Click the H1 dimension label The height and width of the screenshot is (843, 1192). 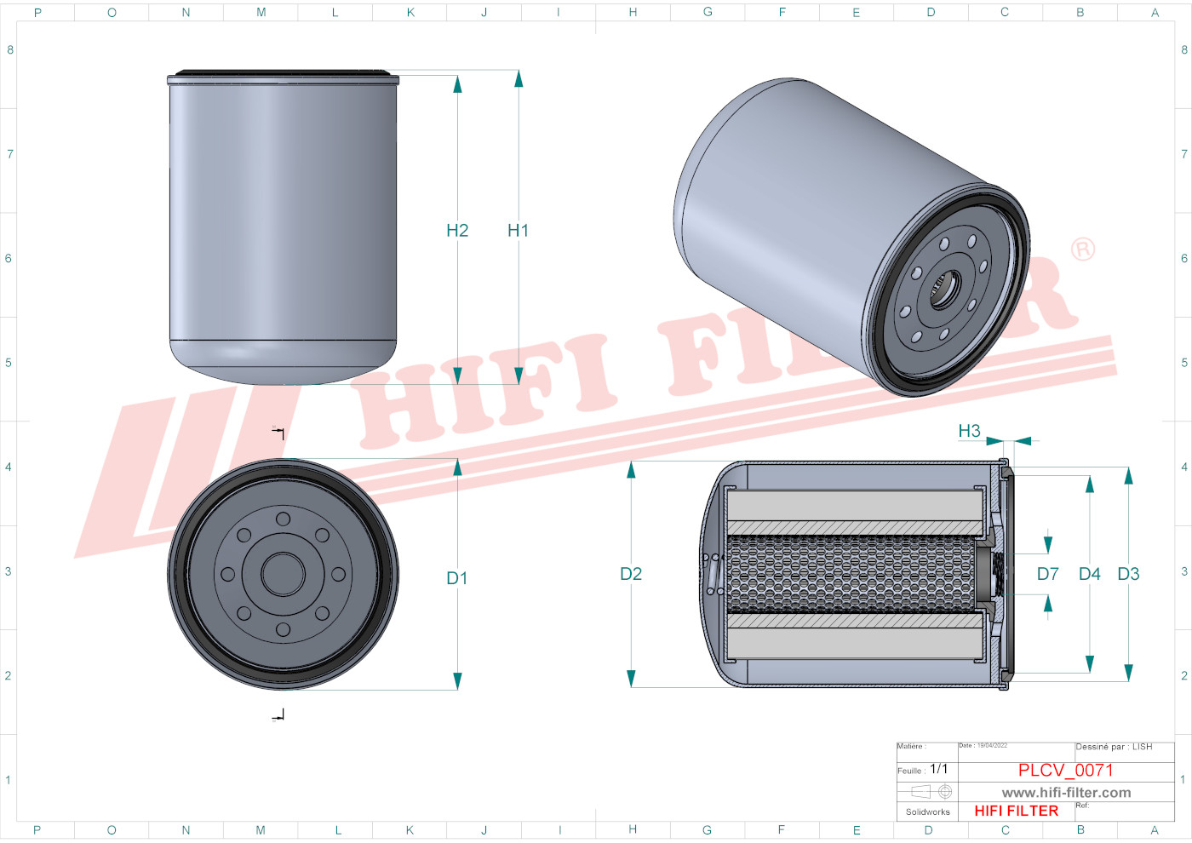518,230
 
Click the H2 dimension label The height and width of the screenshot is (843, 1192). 457,230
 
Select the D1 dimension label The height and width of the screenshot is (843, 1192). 457,578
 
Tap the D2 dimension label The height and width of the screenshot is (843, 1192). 631,574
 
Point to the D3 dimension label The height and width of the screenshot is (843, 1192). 1128,574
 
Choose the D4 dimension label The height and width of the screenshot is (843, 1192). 1090,574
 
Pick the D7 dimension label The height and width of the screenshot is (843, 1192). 1048,574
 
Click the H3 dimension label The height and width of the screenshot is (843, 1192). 969,431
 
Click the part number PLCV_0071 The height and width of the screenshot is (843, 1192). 1065,770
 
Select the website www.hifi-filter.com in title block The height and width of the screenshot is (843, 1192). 1066,793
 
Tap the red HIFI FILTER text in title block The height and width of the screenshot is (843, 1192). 1016,811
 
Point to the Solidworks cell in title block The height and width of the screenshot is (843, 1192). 927,811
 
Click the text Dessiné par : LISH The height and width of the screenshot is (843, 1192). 1114,747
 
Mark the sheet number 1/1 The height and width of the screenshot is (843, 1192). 938,769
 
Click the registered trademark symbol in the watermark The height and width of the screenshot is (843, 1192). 1082,249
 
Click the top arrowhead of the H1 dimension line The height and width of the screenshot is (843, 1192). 519,79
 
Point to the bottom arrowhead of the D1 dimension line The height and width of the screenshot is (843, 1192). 457,680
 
